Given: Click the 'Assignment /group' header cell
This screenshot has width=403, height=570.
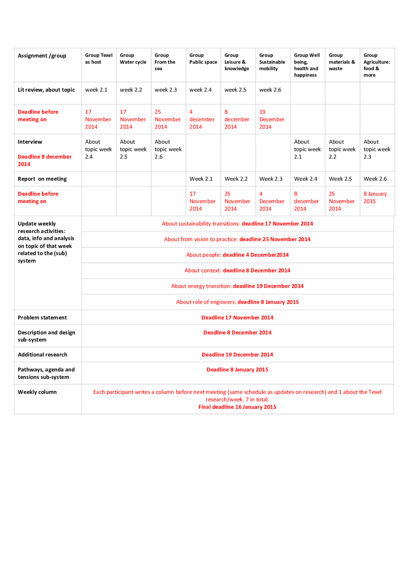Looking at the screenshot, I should coord(42,56).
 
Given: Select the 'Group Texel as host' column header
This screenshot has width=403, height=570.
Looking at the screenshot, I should coord(99,59).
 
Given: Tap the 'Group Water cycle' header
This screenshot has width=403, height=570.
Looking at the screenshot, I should coord(133,59).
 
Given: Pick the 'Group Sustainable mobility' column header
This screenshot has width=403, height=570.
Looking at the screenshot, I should coord(272,62).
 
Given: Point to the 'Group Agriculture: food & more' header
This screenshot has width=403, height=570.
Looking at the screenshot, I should coord(377,65).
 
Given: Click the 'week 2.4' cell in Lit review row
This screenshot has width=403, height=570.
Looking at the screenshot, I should coord(200,90).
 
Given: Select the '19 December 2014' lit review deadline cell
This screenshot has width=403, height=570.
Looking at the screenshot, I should coord(272,119).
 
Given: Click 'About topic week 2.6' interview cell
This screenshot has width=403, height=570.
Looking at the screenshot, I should coord(168,149).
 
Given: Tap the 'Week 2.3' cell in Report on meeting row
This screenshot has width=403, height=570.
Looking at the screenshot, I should coord(271,179).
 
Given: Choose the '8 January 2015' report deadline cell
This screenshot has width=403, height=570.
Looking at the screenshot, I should coord(375,197).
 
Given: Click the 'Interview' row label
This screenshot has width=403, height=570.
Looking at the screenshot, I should coord(30,142).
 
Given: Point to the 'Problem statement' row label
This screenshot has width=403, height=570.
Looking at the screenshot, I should coord(42,318).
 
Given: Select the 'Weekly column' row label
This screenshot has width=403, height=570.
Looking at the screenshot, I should coord(37,392).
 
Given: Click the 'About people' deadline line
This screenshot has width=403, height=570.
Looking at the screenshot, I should coord(237,255).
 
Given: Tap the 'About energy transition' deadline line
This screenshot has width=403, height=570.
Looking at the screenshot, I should coord(237,286).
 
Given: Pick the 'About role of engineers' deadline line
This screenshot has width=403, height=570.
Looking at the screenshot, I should coord(237,302).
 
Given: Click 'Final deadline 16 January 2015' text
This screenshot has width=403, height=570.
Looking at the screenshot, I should coord(237,407).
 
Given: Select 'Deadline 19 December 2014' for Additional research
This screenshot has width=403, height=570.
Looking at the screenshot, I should coord(237,355).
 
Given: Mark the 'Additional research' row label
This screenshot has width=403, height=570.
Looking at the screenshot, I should coord(43,355).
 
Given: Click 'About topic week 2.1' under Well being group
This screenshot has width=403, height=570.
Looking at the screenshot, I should coord(307,149).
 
